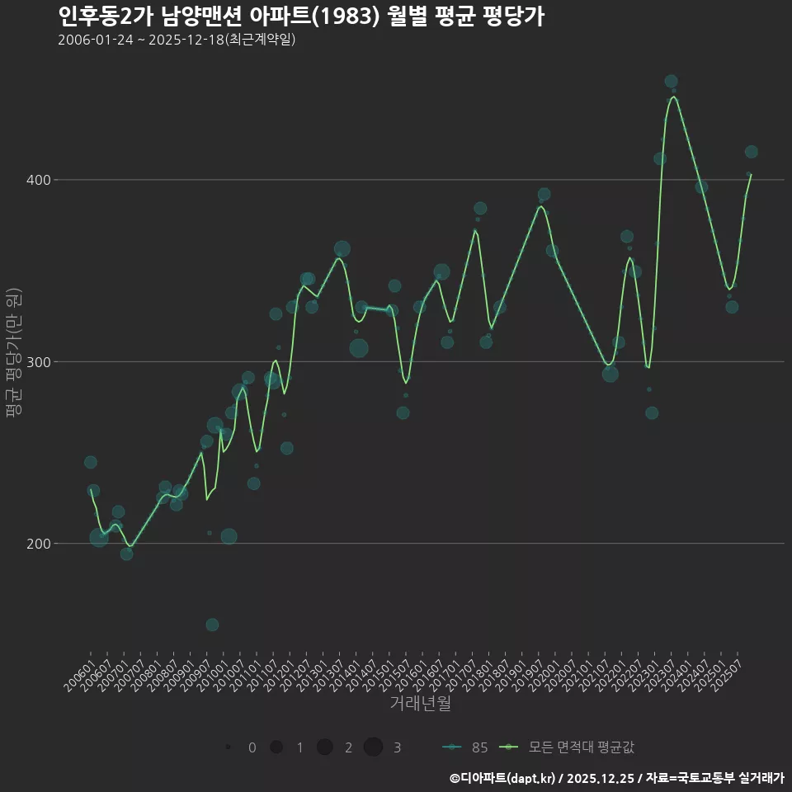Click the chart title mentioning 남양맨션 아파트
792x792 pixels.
point(301,16)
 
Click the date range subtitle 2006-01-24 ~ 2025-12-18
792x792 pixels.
point(177,40)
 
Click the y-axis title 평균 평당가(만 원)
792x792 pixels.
point(13,358)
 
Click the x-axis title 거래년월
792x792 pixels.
point(420,704)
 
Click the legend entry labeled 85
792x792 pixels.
point(465,747)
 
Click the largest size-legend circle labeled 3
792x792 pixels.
point(373,747)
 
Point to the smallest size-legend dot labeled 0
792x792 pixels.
point(227,747)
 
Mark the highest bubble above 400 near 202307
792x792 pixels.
point(671,82)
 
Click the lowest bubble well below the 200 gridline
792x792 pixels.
point(212,625)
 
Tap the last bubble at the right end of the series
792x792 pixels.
point(751,152)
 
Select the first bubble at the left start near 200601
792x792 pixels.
point(91,462)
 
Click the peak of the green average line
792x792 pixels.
point(674,97)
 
